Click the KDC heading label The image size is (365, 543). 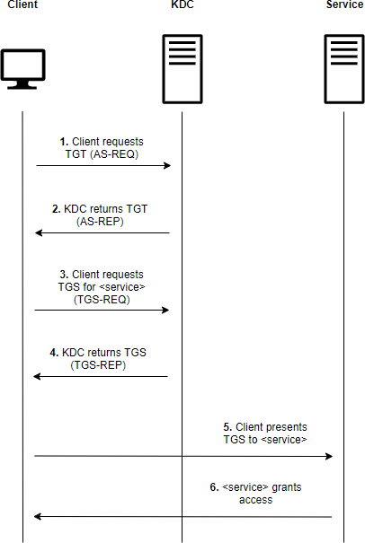point(182,6)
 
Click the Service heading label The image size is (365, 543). point(345,6)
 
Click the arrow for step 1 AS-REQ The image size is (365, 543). point(102,166)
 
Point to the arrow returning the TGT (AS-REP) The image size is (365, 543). point(102,233)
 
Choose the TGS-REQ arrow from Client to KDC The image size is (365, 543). point(102,311)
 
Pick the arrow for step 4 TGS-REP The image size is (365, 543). point(102,377)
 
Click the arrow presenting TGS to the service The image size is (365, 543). point(183,456)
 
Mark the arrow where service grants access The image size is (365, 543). point(183,516)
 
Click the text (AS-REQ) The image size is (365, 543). point(120,154)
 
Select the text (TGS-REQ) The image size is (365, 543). point(101,299)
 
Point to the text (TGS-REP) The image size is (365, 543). point(99,365)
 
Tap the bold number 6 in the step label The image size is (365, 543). point(214,487)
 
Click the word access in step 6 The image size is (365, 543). point(255,500)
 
